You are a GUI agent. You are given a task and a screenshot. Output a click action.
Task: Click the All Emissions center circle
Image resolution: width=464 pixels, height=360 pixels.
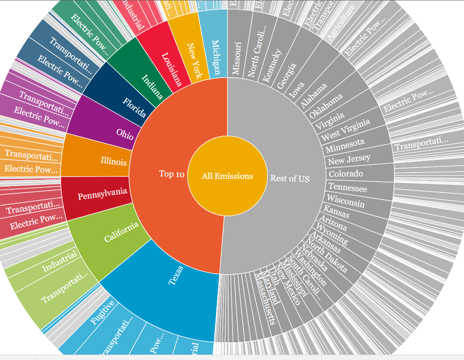pyautogui.click(x=227, y=176)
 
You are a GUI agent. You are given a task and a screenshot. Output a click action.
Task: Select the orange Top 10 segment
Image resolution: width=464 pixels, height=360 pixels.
pyautogui.click(x=172, y=174)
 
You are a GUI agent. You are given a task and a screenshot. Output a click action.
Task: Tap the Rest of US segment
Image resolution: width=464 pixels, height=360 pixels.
pyautogui.click(x=290, y=178)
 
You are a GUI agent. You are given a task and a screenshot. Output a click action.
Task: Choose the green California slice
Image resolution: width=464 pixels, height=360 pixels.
pyautogui.click(x=121, y=232)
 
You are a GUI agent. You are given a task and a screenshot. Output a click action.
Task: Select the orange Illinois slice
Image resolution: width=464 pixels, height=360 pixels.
pyautogui.click(x=113, y=161)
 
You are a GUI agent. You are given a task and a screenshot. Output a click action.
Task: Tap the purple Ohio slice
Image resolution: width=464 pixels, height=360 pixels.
pyautogui.click(x=124, y=133)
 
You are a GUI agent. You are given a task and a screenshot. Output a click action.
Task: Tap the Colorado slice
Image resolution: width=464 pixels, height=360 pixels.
pyautogui.click(x=346, y=173)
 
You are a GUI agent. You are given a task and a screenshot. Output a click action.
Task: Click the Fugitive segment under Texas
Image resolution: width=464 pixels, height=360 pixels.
pyautogui.click(x=99, y=312)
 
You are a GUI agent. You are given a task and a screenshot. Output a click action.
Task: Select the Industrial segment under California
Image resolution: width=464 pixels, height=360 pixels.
pyautogui.click(x=59, y=262)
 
